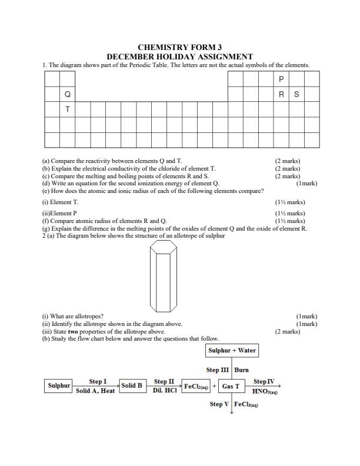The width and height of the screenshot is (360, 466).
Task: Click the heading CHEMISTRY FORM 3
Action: point(179,47)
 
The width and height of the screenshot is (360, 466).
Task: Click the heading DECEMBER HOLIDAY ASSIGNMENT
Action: point(179,56)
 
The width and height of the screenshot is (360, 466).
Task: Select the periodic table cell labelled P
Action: point(281,79)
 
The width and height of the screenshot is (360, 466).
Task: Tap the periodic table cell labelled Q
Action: point(67,94)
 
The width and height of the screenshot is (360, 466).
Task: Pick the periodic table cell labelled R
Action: point(281,94)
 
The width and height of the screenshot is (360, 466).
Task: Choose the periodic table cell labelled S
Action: point(296,94)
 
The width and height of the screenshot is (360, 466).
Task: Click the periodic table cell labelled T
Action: point(67,109)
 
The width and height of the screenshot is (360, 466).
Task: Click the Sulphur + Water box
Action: point(232,351)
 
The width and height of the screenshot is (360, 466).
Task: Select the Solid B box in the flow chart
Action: point(132,386)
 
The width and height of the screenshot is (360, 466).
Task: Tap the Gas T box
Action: point(231,387)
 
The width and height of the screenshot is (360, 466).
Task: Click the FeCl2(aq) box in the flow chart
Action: point(196,387)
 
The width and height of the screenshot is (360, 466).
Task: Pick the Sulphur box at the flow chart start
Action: point(59,386)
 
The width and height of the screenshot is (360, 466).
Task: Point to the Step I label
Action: point(98,381)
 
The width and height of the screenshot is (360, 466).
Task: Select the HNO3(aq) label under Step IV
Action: point(264,391)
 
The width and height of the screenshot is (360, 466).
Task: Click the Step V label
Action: point(219,404)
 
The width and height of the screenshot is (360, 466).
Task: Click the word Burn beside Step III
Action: point(241,370)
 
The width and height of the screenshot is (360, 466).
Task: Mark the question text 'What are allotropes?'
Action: point(73,316)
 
